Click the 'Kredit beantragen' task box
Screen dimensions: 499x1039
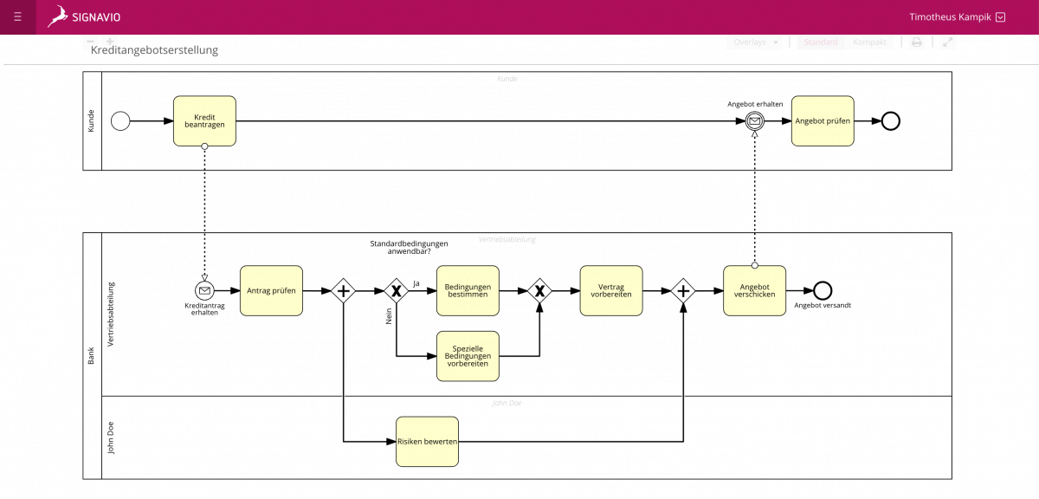(x=204, y=120)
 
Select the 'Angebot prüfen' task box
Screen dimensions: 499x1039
(x=823, y=120)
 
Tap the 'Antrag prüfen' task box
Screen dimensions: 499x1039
(x=271, y=290)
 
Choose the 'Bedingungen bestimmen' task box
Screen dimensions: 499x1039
(x=468, y=290)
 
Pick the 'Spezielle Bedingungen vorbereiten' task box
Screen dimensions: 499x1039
(x=468, y=356)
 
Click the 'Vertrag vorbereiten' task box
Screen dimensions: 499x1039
(x=611, y=290)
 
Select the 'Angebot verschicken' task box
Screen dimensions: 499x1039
(x=754, y=290)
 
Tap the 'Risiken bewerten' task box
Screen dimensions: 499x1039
(x=427, y=442)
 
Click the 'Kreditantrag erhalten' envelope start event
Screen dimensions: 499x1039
(x=204, y=290)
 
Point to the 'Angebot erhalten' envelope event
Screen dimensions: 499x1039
(x=755, y=121)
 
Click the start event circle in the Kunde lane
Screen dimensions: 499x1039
(x=121, y=121)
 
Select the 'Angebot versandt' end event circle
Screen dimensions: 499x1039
(x=823, y=290)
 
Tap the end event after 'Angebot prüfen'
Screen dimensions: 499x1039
(x=890, y=121)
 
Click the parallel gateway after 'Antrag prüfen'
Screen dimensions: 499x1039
(x=344, y=291)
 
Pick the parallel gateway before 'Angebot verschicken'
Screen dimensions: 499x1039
(x=683, y=291)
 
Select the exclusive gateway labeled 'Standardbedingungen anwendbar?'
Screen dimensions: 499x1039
(x=397, y=291)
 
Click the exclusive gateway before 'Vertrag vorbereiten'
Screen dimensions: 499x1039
(x=539, y=291)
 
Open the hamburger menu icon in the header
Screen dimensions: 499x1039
(x=17, y=16)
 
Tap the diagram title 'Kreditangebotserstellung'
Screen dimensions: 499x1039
(x=154, y=50)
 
